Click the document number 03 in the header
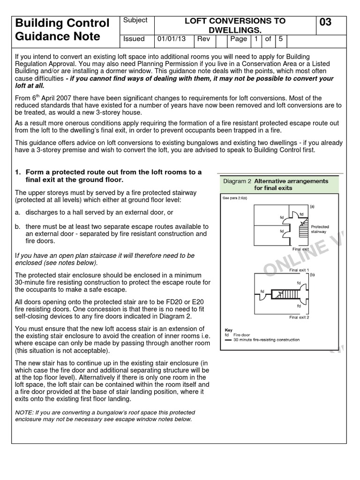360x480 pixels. (x=326, y=22)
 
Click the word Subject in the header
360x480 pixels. (x=135, y=20)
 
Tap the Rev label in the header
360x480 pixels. (x=203, y=39)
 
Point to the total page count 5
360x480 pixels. (x=280, y=39)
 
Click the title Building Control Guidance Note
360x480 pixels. (x=63, y=30)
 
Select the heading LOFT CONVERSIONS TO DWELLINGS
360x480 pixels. (x=235, y=25)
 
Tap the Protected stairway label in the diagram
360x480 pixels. (x=320, y=229)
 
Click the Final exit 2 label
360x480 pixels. (x=300, y=317)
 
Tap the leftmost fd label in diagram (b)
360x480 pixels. (x=262, y=291)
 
